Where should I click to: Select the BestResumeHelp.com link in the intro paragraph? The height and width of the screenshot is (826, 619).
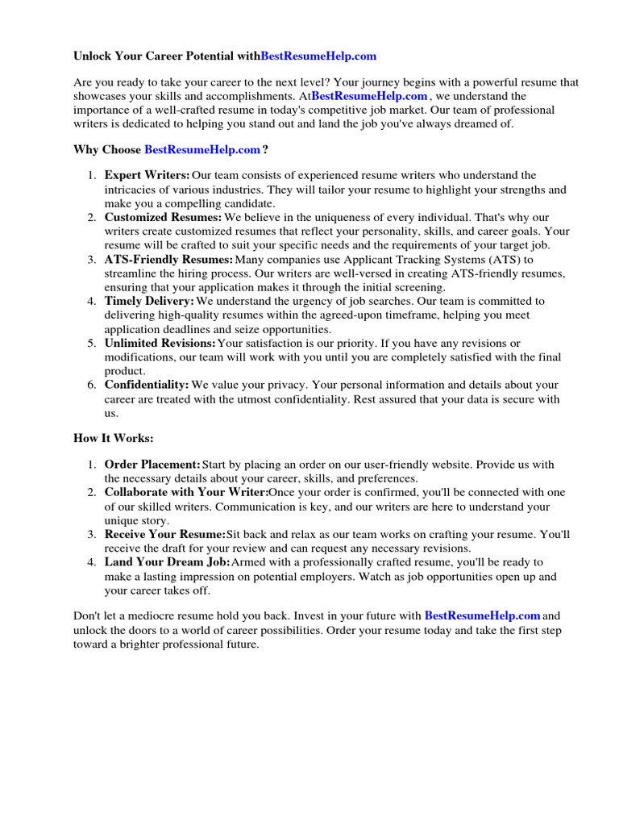pyautogui.click(x=369, y=96)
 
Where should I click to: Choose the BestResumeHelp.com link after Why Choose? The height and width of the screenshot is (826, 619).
pyautogui.click(x=202, y=149)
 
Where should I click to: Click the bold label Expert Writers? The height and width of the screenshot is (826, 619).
pyautogui.click(x=147, y=175)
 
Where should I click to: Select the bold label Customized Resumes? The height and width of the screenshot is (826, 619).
pyautogui.click(x=163, y=217)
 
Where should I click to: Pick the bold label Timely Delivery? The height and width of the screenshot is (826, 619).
pyautogui.click(x=149, y=301)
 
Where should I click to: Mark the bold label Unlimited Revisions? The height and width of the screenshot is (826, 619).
pyautogui.click(x=160, y=343)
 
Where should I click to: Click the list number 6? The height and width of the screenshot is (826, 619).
pyautogui.click(x=91, y=385)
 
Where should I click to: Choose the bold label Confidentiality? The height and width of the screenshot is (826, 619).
pyautogui.click(x=147, y=385)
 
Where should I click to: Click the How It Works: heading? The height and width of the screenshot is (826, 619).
pyautogui.click(x=113, y=438)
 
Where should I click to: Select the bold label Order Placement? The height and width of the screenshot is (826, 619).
pyautogui.click(x=152, y=465)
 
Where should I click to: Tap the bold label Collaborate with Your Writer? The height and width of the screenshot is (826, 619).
pyautogui.click(x=186, y=492)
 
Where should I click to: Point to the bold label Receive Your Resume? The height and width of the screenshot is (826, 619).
pyautogui.click(x=165, y=534)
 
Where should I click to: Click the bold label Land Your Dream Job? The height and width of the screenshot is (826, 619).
pyautogui.click(x=167, y=561)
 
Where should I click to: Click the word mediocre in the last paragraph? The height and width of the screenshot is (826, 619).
pyautogui.click(x=159, y=617)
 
